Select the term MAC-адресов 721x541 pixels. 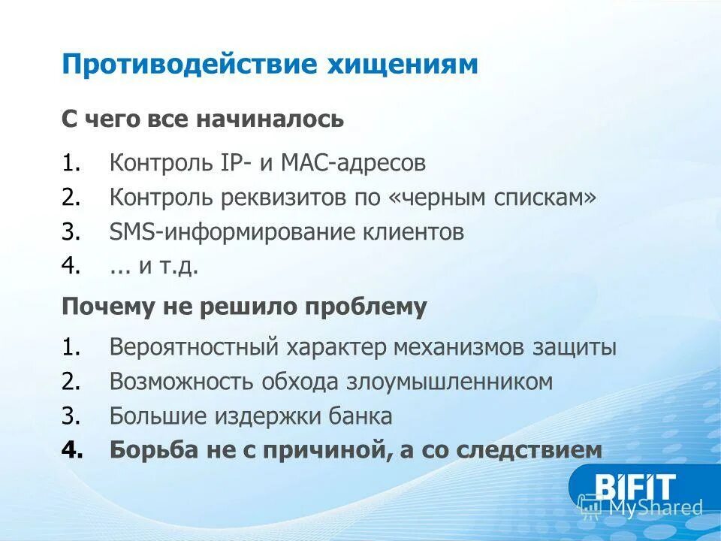click(360, 162)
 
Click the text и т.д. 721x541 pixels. click(170, 267)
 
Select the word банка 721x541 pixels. click(363, 416)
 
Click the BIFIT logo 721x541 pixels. click(635, 487)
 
